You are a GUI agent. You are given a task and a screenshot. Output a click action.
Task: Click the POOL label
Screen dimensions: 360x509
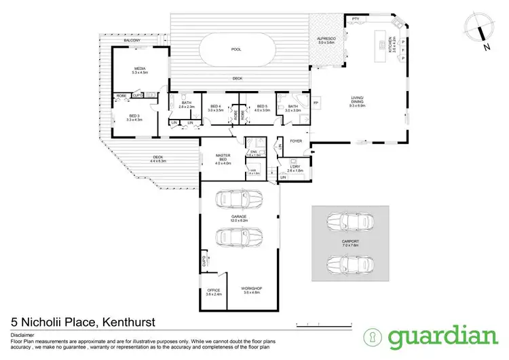click(x=235, y=50)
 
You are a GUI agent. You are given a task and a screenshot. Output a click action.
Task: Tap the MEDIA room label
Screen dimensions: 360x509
click(x=140, y=69)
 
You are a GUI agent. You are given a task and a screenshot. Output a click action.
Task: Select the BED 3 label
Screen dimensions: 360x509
click(x=134, y=115)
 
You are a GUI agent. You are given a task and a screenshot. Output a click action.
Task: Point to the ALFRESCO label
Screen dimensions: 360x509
click(x=327, y=39)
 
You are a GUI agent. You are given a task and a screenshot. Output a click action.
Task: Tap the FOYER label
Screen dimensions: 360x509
click(x=296, y=141)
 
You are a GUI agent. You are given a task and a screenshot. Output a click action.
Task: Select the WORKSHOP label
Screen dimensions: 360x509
click(x=251, y=288)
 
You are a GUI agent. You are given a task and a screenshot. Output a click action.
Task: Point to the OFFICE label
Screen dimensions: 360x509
click(x=213, y=290)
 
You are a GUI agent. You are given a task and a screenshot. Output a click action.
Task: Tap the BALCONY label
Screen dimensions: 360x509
click(x=132, y=41)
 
